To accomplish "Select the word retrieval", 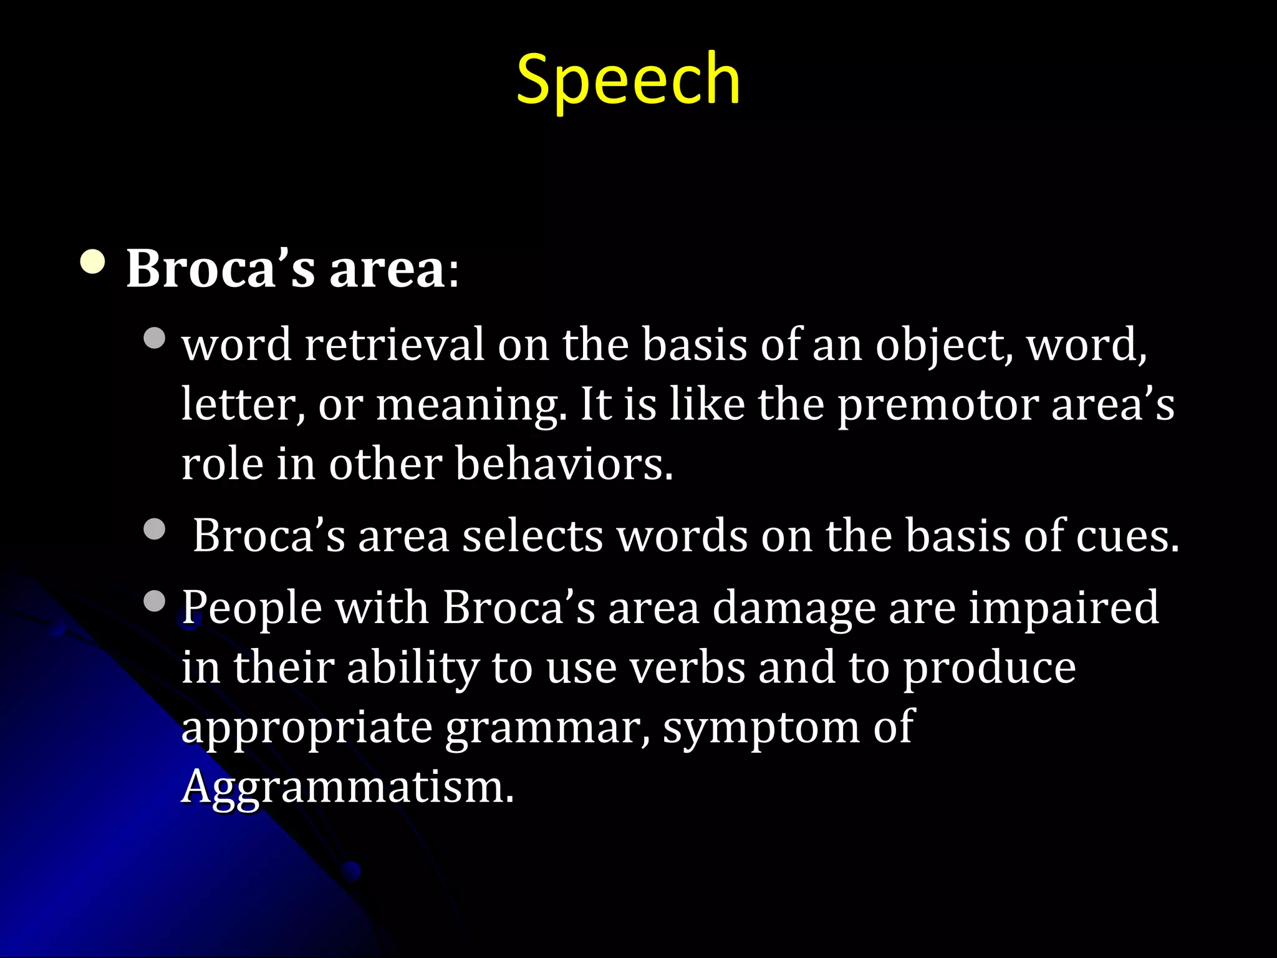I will (x=394, y=344).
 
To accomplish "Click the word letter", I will (x=243, y=404).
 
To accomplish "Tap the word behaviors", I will (x=564, y=464).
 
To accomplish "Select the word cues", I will (x=1128, y=536).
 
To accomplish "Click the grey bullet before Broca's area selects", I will (x=154, y=530).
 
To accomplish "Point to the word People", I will (x=252, y=608).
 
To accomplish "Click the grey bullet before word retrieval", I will (x=154, y=338).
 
